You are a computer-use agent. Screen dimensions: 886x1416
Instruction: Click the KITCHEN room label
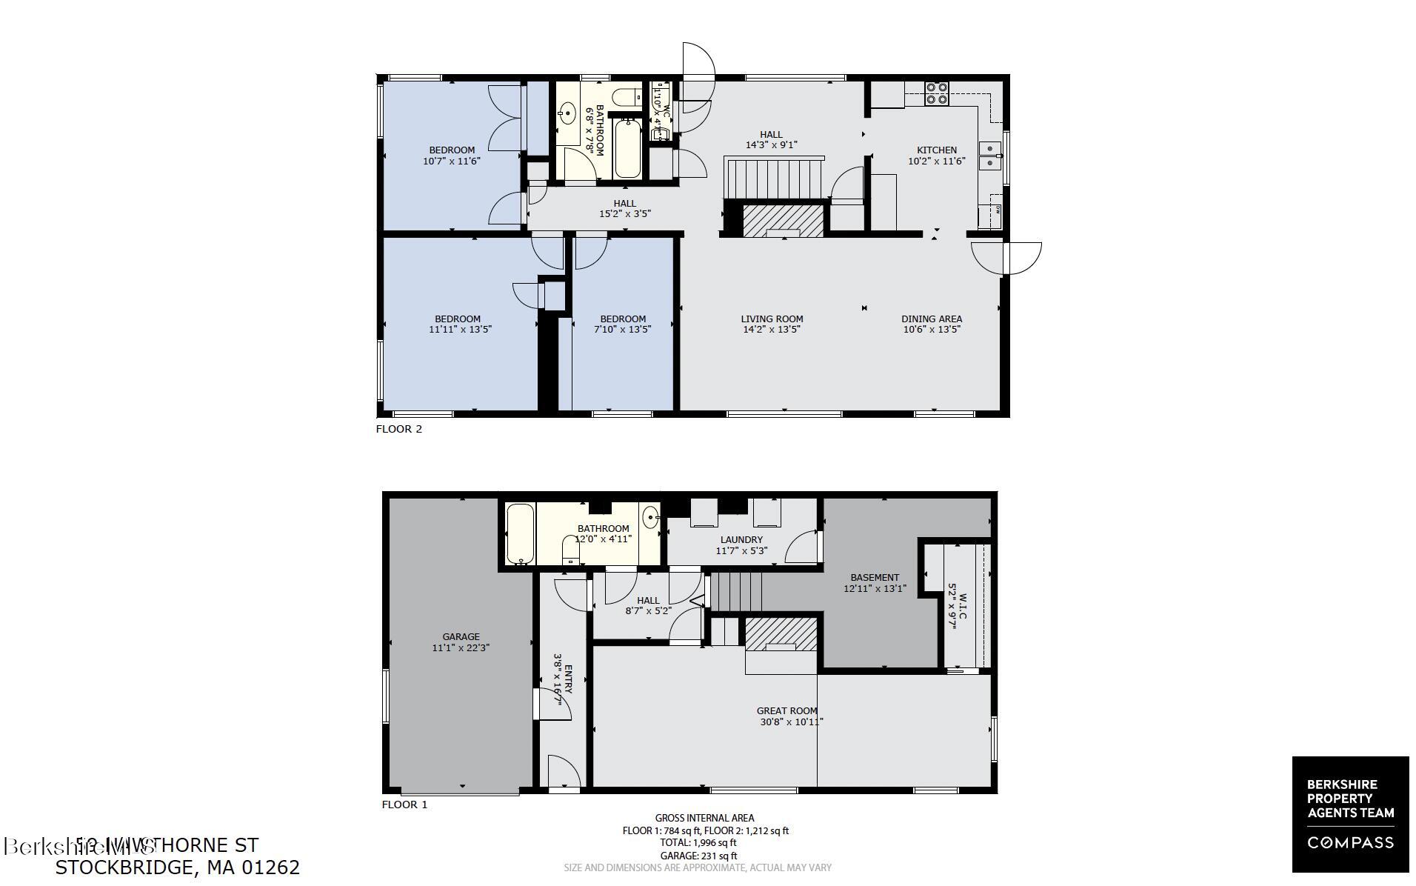point(937,150)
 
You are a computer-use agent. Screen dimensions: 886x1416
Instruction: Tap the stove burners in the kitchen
point(937,93)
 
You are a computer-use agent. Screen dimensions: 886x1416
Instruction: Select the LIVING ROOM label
point(772,319)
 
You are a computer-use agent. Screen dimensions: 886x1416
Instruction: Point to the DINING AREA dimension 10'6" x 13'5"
point(932,330)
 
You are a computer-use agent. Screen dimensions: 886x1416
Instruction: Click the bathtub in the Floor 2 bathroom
point(627,148)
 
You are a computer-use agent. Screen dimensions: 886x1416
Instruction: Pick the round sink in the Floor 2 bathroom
point(568,114)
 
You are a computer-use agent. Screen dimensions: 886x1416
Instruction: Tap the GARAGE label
point(461,636)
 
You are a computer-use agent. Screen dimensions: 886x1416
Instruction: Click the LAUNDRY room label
point(741,540)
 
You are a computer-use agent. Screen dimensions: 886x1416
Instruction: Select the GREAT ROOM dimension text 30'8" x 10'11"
point(791,722)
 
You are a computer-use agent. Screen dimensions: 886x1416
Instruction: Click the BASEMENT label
point(875,578)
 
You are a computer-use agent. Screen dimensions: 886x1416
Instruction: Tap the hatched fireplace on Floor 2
point(783,220)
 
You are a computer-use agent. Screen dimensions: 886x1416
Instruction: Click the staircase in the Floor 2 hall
point(775,179)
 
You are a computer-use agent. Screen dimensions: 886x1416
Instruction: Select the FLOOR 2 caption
point(399,429)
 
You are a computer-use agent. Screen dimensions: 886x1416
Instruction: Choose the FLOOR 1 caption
point(404,805)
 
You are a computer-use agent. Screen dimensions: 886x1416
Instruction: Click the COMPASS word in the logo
point(1350,842)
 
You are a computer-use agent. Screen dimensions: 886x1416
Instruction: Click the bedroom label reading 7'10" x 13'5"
point(623,330)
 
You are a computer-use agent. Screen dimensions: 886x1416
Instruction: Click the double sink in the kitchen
point(989,156)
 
